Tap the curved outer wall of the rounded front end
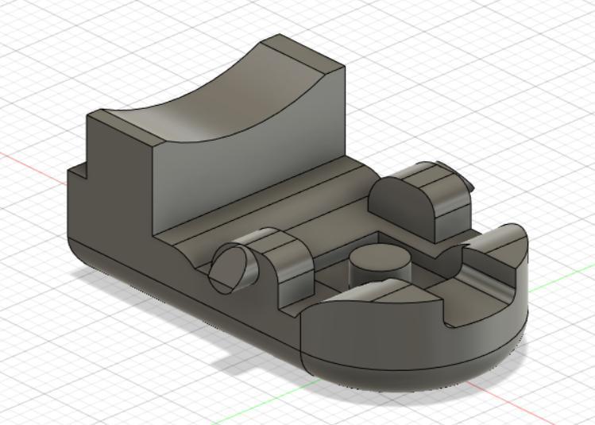click(413, 350)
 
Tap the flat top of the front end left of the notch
click(373, 298)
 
